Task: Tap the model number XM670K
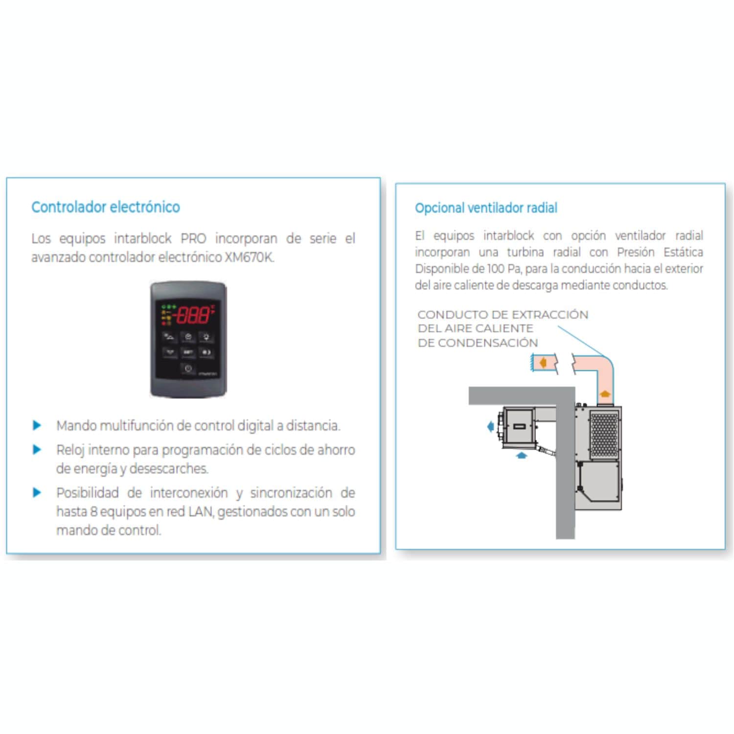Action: pyautogui.click(x=249, y=257)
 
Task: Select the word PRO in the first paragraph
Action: pyautogui.click(x=193, y=238)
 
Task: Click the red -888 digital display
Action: pyautogui.click(x=193, y=315)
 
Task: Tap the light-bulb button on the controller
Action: pyautogui.click(x=206, y=337)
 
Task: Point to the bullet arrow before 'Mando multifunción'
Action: pyautogui.click(x=37, y=425)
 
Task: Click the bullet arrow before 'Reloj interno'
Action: pyautogui.click(x=37, y=449)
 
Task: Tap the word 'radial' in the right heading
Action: pyautogui.click(x=542, y=208)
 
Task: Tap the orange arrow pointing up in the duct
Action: pyautogui.click(x=605, y=393)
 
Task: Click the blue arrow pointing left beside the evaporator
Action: pyautogui.click(x=490, y=427)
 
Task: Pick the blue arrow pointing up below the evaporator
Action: pyautogui.click(x=522, y=455)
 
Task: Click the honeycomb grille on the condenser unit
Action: pyautogui.click(x=605, y=434)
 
